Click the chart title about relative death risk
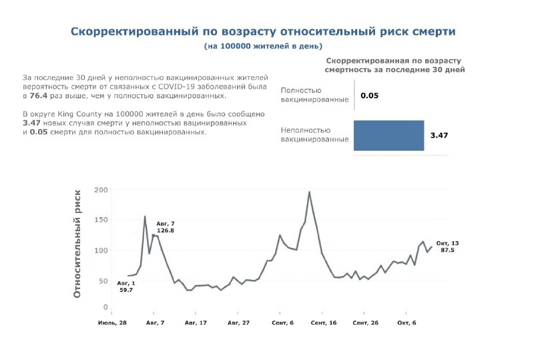point(263,31)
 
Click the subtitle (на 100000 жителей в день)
point(263,46)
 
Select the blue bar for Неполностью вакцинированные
point(388,136)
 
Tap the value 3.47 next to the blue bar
point(439,136)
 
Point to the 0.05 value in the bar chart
point(369,96)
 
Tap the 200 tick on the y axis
point(100,190)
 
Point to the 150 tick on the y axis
point(100,220)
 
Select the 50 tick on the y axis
point(102,281)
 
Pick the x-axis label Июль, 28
point(112,323)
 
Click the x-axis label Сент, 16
point(322,323)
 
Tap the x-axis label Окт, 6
point(406,323)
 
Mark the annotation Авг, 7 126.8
point(166,226)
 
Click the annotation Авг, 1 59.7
point(125,287)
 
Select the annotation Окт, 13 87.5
point(448,246)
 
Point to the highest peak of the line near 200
point(309,192)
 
